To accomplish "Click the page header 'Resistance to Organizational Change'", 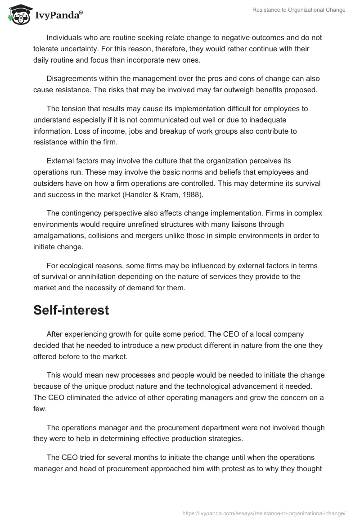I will (x=298, y=10).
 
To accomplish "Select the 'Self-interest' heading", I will (x=71, y=310).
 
